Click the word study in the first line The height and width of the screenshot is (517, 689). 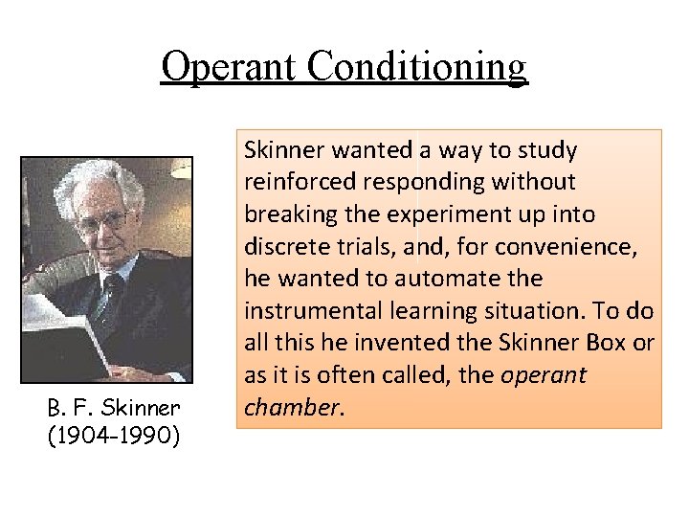(x=548, y=150)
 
